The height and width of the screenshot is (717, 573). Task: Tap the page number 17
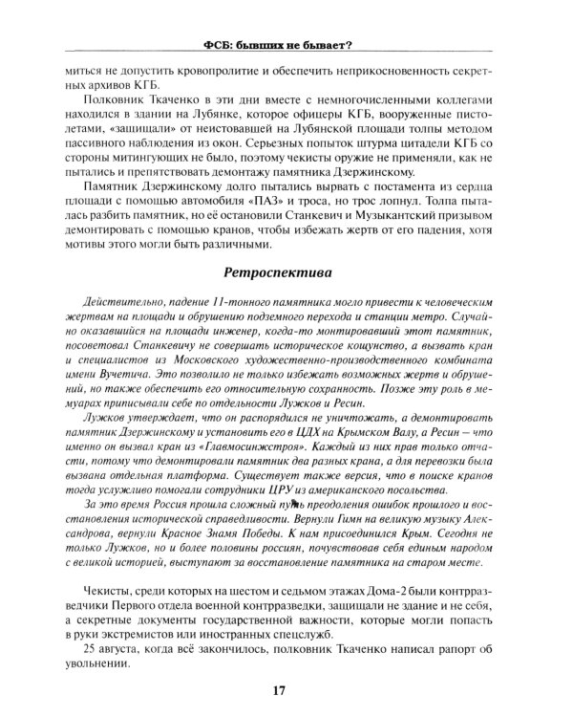point(278,689)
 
